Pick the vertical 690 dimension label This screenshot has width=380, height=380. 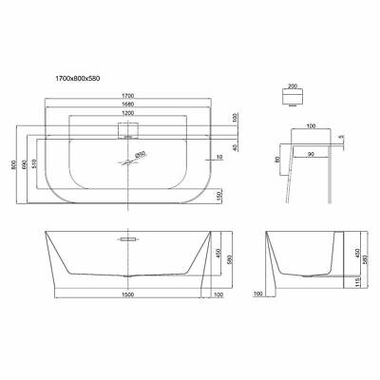pos(25,152)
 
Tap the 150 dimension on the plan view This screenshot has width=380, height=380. pos(220,195)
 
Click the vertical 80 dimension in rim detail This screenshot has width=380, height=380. pos(276,158)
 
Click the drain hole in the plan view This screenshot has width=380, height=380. pos(127,162)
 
